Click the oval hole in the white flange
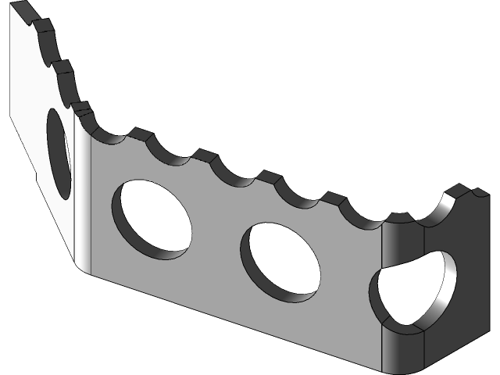[x=59, y=152]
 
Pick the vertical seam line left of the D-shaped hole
[x=382, y=297]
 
